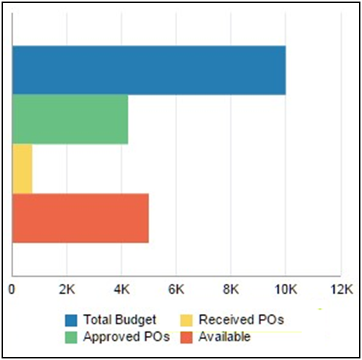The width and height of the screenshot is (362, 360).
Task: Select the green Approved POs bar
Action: tap(70, 119)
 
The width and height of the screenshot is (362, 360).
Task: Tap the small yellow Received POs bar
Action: tap(23, 169)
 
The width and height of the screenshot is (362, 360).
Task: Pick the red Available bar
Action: tap(80, 218)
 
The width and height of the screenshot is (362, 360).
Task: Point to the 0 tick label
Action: tap(12, 289)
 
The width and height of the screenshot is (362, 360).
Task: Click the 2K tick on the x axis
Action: tap(67, 289)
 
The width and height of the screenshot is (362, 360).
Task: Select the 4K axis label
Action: tap(121, 289)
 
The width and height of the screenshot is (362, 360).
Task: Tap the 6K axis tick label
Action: tap(176, 289)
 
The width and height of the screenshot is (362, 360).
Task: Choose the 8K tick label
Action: tap(231, 289)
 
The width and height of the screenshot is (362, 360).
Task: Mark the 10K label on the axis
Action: tap(285, 289)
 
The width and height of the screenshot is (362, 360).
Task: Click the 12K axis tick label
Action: tap(340, 289)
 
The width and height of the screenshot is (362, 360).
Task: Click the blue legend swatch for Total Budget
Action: tap(71, 320)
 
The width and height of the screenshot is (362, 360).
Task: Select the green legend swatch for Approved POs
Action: tap(71, 337)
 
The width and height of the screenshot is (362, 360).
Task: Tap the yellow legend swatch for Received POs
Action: tap(186, 320)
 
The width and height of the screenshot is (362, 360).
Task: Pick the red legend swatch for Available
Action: tap(186, 337)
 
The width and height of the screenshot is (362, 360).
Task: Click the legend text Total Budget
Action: tap(121, 320)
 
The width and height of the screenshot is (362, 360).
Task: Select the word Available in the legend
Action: tap(225, 337)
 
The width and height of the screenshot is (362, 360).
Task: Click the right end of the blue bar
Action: tap(284, 71)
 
